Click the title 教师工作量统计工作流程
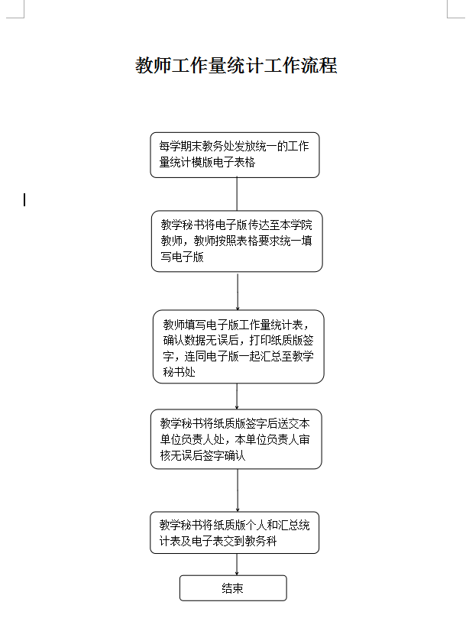(236, 66)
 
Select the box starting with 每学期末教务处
(234, 155)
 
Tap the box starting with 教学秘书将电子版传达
(237, 241)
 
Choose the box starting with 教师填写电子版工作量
(238, 346)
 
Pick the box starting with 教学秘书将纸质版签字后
(236, 439)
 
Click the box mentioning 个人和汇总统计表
(234, 532)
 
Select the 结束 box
(233, 588)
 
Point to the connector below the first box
(237, 194)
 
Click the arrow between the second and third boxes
(238, 290)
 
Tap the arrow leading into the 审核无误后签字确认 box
(237, 396)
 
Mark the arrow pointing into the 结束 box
(237, 565)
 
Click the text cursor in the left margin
(24, 200)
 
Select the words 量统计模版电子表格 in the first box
(207, 163)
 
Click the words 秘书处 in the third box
(180, 372)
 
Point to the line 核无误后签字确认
(202, 456)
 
